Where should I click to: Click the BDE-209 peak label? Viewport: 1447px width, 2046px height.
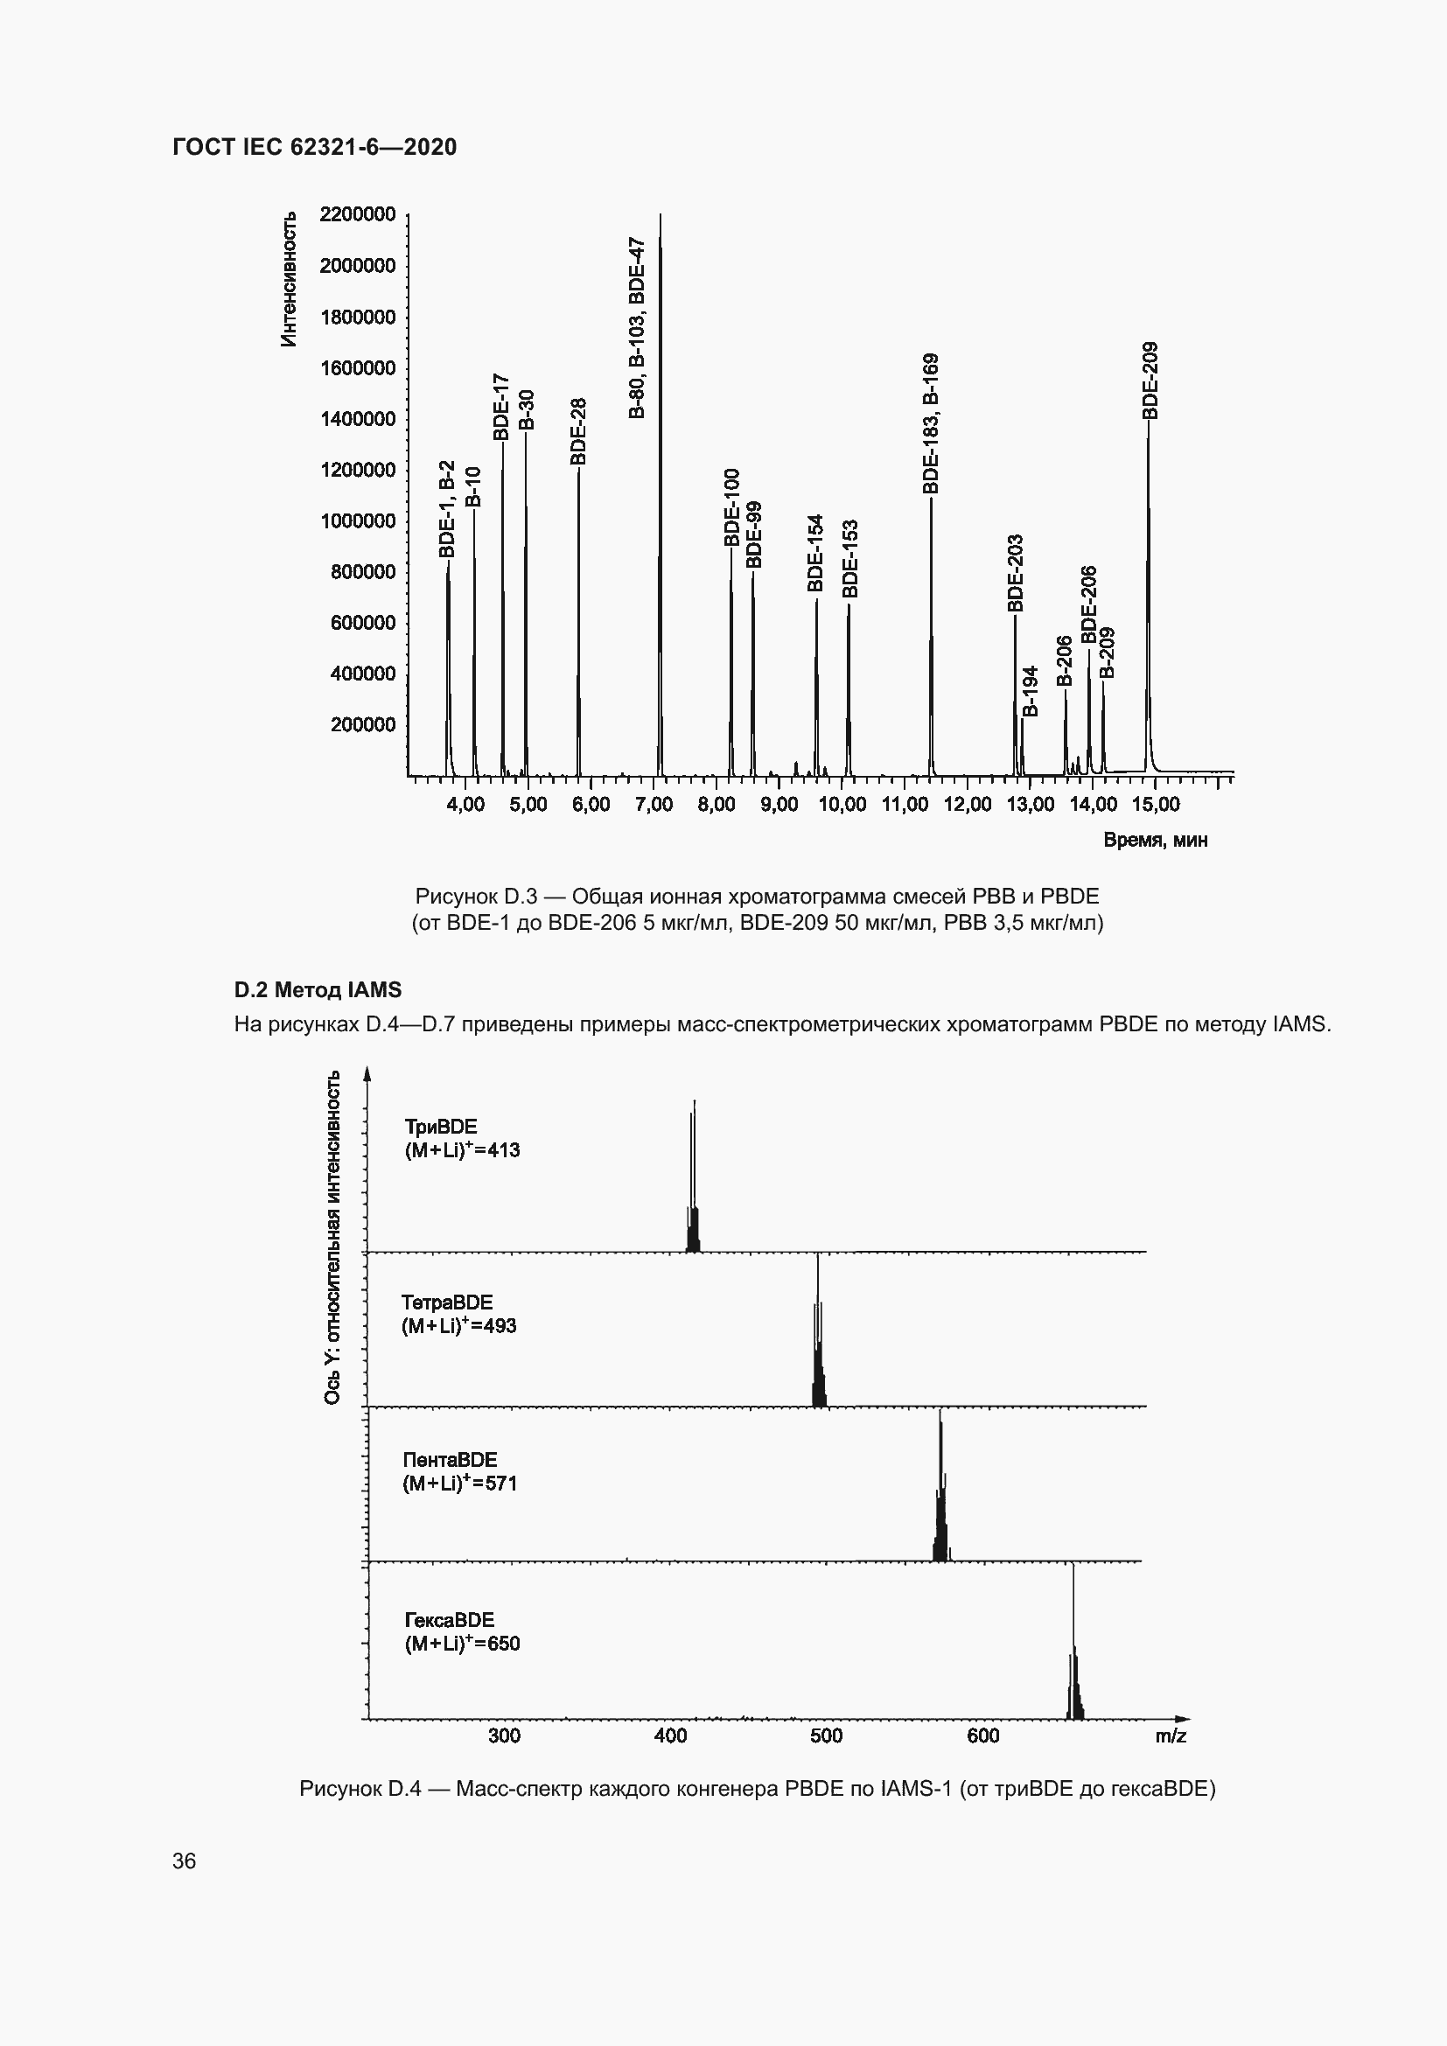pos(1150,381)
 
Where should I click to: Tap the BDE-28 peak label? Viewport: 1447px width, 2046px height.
pos(578,431)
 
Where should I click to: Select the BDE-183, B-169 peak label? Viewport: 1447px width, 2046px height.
pos(931,424)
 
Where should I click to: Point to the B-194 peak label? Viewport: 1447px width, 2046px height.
pos(1030,692)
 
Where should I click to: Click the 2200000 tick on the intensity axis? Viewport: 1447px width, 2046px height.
pos(357,215)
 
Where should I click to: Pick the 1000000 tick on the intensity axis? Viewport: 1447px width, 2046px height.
pos(357,521)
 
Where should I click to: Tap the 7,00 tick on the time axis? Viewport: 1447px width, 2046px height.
pos(654,805)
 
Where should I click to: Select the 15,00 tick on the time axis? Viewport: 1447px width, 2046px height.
pos(1156,805)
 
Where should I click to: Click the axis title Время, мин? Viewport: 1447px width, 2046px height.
pos(1156,841)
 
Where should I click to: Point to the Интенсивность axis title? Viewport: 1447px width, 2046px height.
pos(289,280)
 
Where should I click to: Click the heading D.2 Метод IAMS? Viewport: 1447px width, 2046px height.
pos(318,990)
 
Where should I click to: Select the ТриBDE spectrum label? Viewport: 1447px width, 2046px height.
pos(441,1128)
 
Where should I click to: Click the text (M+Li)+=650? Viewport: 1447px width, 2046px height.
pos(463,1644)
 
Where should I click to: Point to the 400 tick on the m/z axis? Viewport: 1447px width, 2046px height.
pos(670,1735)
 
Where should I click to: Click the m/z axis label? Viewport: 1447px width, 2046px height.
pos(1171,1735)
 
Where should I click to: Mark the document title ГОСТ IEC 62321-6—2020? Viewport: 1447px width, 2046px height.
pos(315,147)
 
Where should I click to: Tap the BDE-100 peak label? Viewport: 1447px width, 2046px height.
pos(731,507)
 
